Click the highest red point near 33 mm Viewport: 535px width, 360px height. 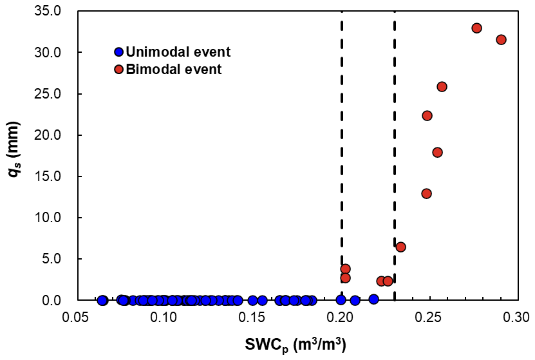click(x=476, y=28)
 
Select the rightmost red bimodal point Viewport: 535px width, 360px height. click(x=501, y=39)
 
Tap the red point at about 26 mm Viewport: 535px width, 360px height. click(x=442, y=86)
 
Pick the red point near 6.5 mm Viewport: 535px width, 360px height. click(x=400, y=247)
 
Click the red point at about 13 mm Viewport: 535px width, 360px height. click(x=426, y=193)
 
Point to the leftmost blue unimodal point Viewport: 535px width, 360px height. click(x=102, y=300)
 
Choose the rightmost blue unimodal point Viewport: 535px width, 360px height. click(x=373, y=299)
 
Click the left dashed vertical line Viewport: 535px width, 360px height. click(x=341, y=161)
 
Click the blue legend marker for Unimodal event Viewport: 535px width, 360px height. click(x=118, y=52)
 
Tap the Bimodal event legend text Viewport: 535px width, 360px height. click(x=174, y=69)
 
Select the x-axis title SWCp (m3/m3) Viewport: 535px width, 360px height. click(x=296, y=346)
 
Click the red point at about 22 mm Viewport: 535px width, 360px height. click(x=427, y=115)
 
